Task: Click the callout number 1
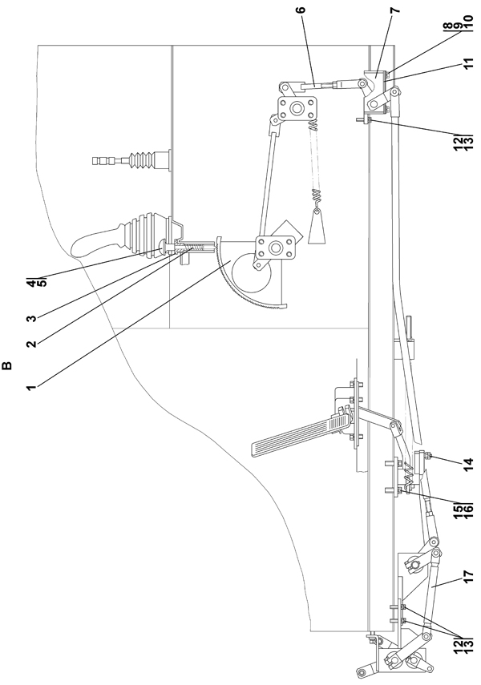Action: pos(30,387)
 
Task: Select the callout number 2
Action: pos(30,344)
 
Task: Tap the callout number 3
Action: pos(30,318)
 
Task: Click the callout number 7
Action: pos(395,10)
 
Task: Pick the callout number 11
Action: pos(468,65)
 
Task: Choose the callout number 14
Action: pos(468,462)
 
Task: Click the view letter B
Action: pos(7,365)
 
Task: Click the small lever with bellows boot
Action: pos(131,162)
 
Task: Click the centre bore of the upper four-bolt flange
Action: pos(297,107)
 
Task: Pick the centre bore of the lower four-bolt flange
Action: pos(275,248)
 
